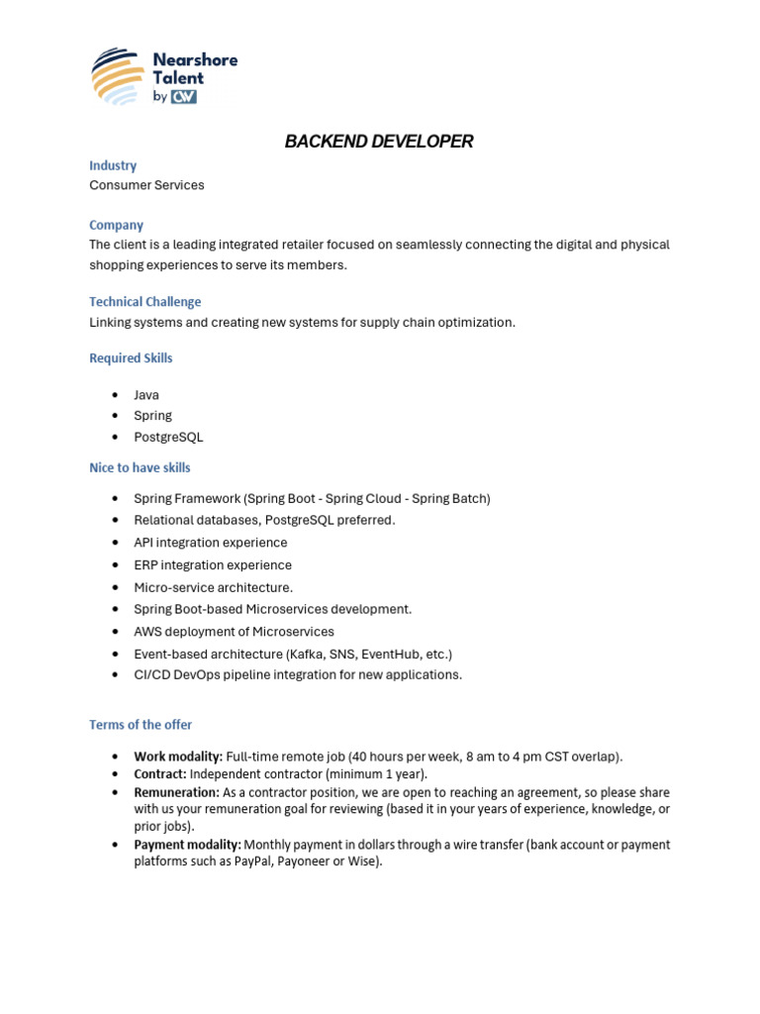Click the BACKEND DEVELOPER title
click(x=379, y=142)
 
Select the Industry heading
click(x=113, y=165)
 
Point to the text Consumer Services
click(x=146, y=185)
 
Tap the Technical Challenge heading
click(x=144, y=302)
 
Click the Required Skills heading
click(x=131, y=358)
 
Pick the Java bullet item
click(x=146, y=395)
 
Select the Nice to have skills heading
click(x=140, y=467)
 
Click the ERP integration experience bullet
click(x=213, y=565)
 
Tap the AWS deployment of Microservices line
click(x=234, y=632)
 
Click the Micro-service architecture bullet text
click(x=213, y=588)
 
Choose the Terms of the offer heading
click(x=141, y=725)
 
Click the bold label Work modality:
click(x=178, y=757)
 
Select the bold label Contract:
click(x=160, y=774)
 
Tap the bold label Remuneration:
click(x=176, y=792)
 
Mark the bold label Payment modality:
click(x=187, y=845)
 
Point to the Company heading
click(x=116, y=225)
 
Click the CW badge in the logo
click(x=184, y=97)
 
